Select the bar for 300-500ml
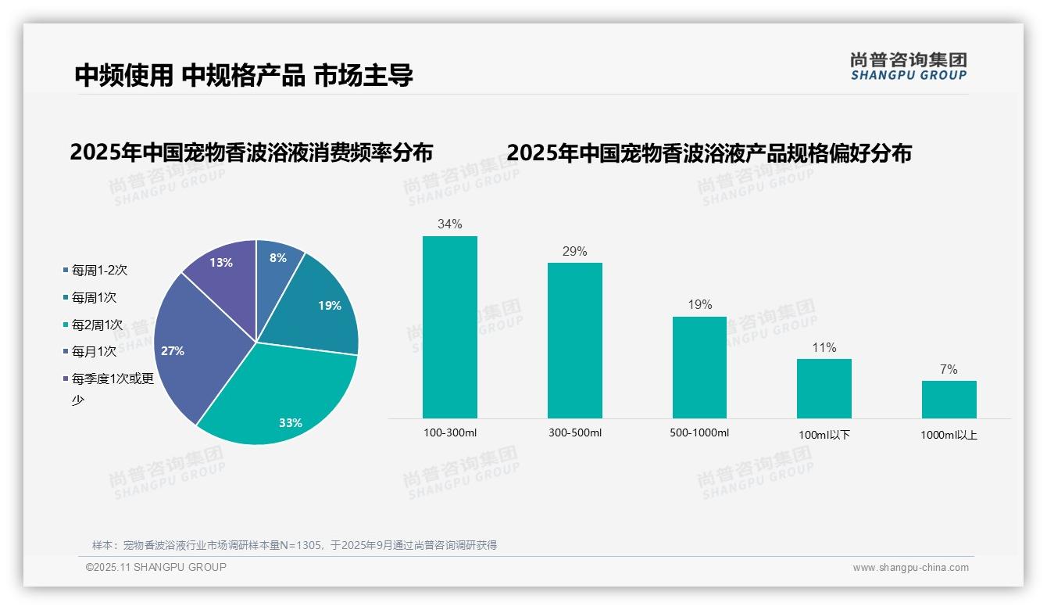click(574, 340)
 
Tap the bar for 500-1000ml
click(699, 367)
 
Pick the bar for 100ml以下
click(824, 388)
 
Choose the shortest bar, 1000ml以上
click(949, 399)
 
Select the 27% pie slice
click(191, 344)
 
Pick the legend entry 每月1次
click(94, 352)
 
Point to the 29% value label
click(574, 252)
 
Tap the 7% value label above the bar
click(949, 370)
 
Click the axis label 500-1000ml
click(699, 433)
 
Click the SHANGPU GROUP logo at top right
click(908, 66)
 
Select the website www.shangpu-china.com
click(910, 568)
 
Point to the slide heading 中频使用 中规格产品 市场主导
click(244, 75)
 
